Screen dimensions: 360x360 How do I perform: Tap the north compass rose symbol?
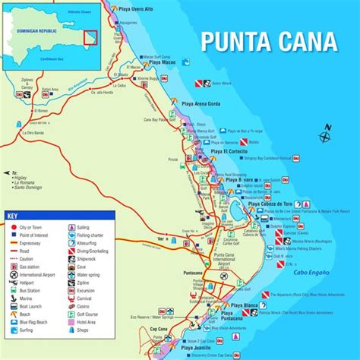coord(325,137)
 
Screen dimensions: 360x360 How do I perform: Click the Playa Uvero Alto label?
coord(137,8)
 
